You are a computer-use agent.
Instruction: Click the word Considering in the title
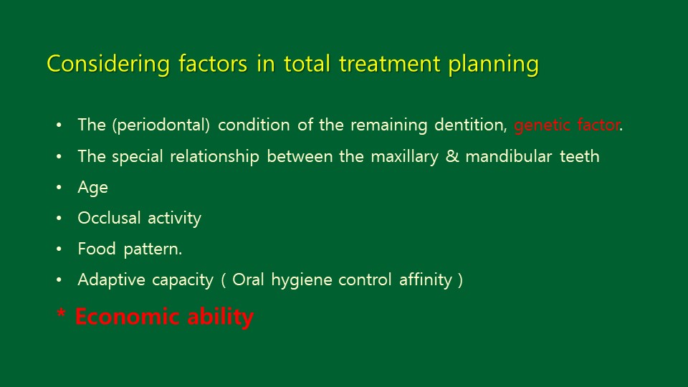pyautogui.click(x=108, y=64)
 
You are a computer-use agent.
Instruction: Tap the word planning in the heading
pyautogui.click(x=493, y=64)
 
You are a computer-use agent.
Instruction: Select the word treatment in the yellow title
pyautogui.click(x=390, y=64)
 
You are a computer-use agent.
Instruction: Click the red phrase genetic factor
pyautogui.click(x=567, y=125)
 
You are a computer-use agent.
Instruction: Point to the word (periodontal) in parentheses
pyautogui.click(x=161, y=125)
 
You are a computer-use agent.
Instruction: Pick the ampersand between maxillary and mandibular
pyautogui.click(x=452, y=156)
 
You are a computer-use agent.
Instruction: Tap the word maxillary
pyautogui.click(x=404, y=157)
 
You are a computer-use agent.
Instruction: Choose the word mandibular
pyautogui.click(x=509, y=156)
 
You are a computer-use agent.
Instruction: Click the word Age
pyautogui.click(x=92, y=188)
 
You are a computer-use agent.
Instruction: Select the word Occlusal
pyautogui.click(x=109, y=218)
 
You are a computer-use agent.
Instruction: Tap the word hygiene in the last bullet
pyautogui.click(x=302, y=280)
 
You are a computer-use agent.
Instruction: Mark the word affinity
pyautogui.click(x=426, y=280)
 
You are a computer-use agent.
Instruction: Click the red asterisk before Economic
pyautogui.click(x=62, y=313)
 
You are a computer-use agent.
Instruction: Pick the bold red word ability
pyautogui.click(x=221, y=317)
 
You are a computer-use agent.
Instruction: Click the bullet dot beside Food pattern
pyautogui.click(x=59, y=249)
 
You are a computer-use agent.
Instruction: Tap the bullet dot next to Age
pyautogui.click(x=59, y=187)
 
